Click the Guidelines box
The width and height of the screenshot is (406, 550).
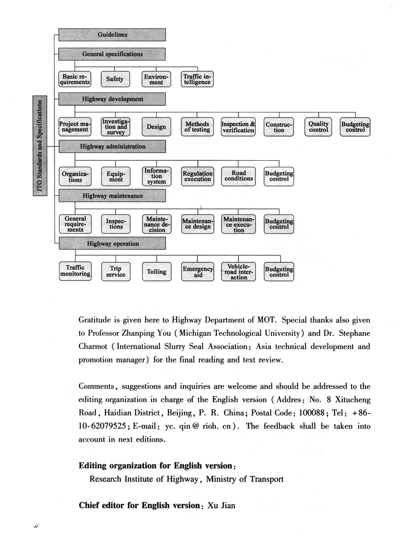click(112, 35)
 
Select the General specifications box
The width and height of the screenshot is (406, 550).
click(112, 54)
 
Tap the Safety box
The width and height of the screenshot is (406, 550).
click(115, 79)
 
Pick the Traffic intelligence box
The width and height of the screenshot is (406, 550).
click(197, 79)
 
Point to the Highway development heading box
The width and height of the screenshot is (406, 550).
click(112, 99)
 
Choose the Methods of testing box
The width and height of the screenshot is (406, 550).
click(197, 127)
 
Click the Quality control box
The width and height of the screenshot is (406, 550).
click(319, 127)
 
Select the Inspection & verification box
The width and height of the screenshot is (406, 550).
click(238, 127)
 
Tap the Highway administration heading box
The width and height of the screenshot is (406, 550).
click(112, 146)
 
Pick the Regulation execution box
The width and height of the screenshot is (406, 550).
click(197, 176)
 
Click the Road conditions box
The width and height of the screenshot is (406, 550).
click(238, 176)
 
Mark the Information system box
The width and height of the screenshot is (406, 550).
click(156, 176)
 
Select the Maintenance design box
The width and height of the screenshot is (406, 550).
click(197, 224)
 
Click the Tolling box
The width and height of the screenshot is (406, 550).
click(156, 272)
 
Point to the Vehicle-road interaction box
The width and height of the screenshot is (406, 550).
click(238, 272)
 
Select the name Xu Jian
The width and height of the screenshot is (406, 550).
click(221, 505)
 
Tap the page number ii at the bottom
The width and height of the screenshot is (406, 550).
click(36, 527)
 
